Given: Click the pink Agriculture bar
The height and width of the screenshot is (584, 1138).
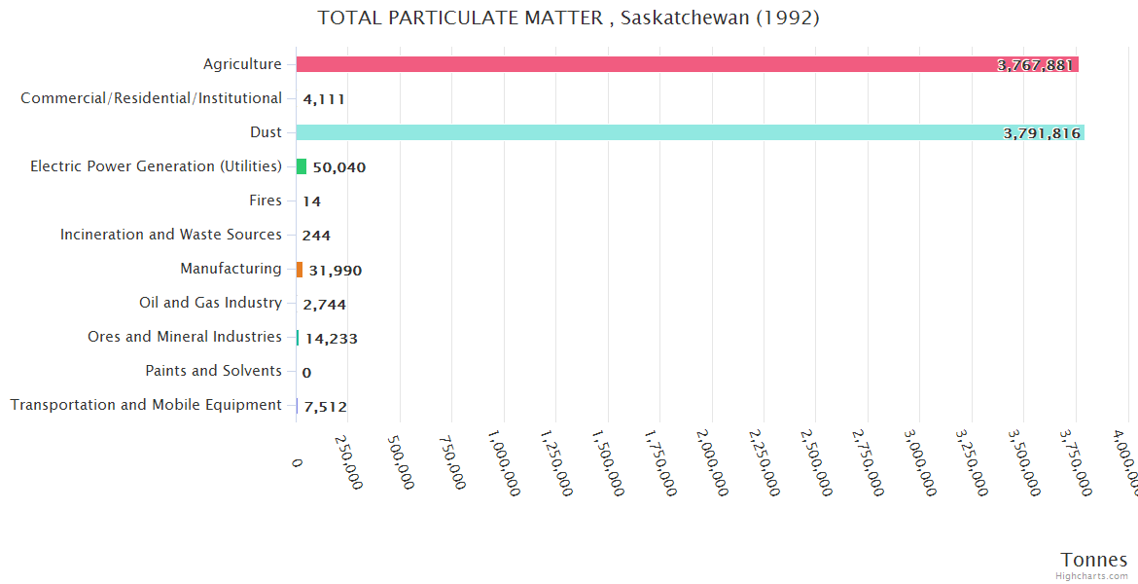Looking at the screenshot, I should click(632, 64).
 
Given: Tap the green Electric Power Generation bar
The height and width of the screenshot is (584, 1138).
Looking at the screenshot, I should click(302, 166).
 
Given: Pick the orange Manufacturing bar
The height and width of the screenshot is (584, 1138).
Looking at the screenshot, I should click(300, 270).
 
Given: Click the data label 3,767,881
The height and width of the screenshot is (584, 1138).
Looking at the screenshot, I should click(1035, 65).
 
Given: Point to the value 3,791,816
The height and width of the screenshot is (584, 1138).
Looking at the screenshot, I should click(1042, 133).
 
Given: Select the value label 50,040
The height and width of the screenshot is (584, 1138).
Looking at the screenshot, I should click(338, 167).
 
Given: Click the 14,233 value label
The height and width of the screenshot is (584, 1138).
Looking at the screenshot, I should click(331, 339).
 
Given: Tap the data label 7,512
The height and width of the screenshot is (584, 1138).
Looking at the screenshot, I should click(325, 407).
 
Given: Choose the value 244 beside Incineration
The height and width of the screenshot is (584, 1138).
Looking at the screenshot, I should click(316, 236).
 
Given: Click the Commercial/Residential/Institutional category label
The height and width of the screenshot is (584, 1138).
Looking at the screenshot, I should click(151, 98).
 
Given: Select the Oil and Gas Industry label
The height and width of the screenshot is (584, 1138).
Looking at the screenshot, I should click(210, 303).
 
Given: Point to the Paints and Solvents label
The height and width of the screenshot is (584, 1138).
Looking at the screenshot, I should click(213, 371).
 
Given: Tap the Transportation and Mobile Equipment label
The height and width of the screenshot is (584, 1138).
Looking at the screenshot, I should click(146, 405).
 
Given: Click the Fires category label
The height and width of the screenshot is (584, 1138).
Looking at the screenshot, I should click(266, 201).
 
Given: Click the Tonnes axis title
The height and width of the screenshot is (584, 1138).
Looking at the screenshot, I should click(1093, 560).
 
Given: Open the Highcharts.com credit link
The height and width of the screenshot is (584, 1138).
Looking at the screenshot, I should click(1091, 576).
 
